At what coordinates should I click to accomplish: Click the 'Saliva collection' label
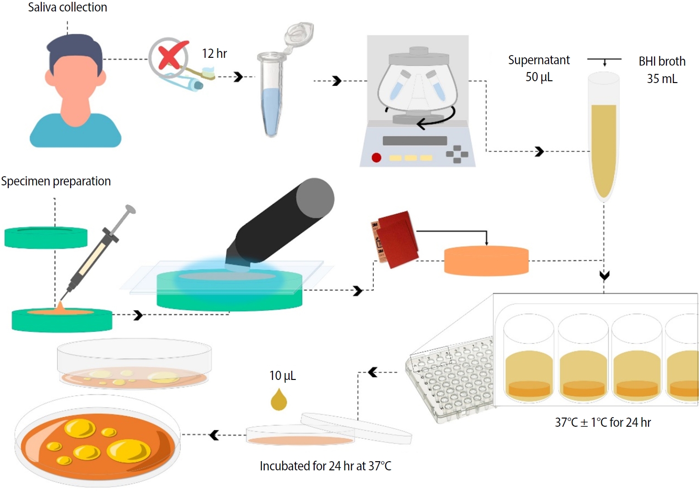[x=67, y=7]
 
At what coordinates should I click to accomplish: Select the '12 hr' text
[x=214, y=54]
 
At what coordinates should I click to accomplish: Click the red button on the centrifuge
[x=377, y=158]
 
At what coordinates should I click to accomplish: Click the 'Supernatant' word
[x=539, y=60]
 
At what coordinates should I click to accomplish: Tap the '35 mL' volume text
[x=662, y=79]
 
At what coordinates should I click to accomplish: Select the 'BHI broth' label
[x=662, y=61]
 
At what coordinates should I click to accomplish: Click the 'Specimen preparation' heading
[x=56, y=181]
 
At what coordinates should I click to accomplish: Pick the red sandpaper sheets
[x=395, y=239]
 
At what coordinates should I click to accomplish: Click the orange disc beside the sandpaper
[x=486, y=261]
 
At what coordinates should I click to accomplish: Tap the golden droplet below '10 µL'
[x=279, y=400]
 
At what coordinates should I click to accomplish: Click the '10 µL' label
[x=283, y=376]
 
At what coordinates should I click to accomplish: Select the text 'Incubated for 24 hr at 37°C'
[x=325, y=466]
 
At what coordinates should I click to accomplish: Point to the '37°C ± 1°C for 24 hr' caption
[x=603, y=422]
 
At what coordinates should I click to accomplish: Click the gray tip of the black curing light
[x=315, y=198]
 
